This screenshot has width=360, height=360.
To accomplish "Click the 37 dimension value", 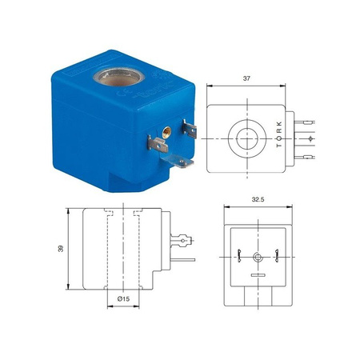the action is pos(246,78).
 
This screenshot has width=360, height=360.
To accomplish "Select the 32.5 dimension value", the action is pos(258,199).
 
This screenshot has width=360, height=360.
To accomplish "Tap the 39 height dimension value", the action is pos(61,249).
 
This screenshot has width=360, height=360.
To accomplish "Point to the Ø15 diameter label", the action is pos(123,299).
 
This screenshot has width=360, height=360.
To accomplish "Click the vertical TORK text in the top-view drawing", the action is pos(279,134).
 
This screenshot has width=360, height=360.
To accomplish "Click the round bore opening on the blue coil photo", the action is pos(119,77).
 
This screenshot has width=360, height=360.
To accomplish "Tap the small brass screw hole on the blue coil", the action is pos(167,131).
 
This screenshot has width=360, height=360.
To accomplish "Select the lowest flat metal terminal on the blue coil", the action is pos(177,161).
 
